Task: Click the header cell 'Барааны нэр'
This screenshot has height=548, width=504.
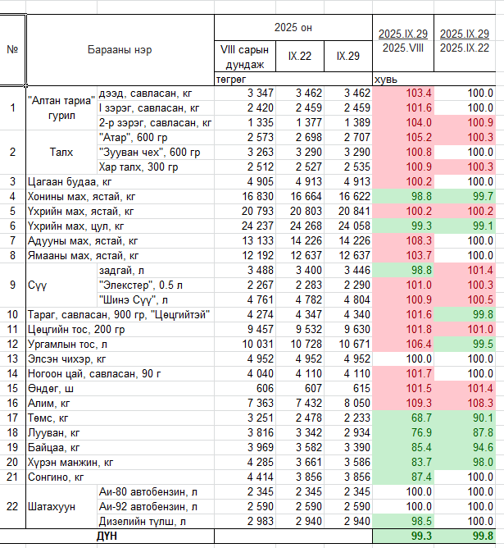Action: pyautogui.click(x=120, y=49)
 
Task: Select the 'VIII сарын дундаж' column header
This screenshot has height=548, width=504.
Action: pyautogui.click(x=242, y=58)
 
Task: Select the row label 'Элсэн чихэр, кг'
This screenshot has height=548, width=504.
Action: pyautogui.click(x=67, y=358)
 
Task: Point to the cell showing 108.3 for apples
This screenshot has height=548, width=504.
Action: pyautogui.click(x=479, y=403)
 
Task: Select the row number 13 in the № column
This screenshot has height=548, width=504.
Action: pyautogui.click(x=12, y=358)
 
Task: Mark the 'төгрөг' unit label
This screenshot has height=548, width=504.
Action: pyautogui.click(x=230, y=80)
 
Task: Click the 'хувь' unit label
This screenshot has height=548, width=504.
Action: pyautogui.click(x=386, y=80)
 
